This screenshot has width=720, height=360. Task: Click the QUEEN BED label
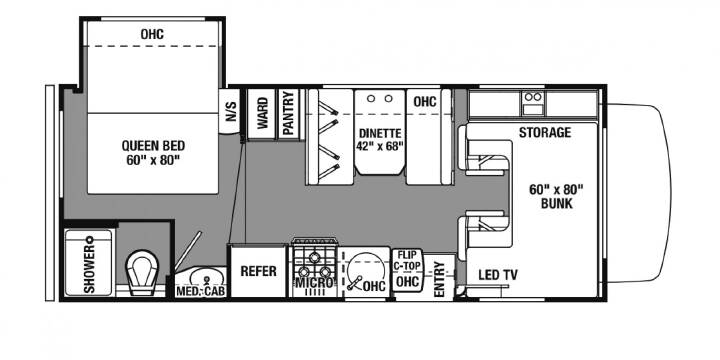[x=153, y=146]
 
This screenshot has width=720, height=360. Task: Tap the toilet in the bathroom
[x=142, y=273]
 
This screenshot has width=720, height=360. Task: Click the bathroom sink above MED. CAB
[x=207, y=277]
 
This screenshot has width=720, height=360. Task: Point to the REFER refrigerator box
[x=259, y=271]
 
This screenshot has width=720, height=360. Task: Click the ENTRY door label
[x=439, y=279]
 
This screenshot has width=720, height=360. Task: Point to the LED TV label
[x=498, y=275]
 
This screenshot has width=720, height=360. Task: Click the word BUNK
[x=557, y=203]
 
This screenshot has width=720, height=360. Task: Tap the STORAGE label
[x=545, y=133]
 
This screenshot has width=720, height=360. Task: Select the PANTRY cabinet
[x=288, y=114]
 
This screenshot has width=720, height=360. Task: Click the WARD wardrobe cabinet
[x=261, y=114]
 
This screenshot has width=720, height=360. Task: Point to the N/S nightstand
[x=231, y=111]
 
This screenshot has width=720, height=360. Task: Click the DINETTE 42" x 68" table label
[x=380, y=140]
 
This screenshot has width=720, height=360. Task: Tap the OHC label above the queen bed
[x=152, y=34]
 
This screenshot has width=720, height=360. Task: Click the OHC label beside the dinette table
[x=425, y=101]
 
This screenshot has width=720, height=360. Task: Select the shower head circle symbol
[x=90, y=239]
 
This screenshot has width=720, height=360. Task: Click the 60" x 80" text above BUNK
[x=556, y=189]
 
